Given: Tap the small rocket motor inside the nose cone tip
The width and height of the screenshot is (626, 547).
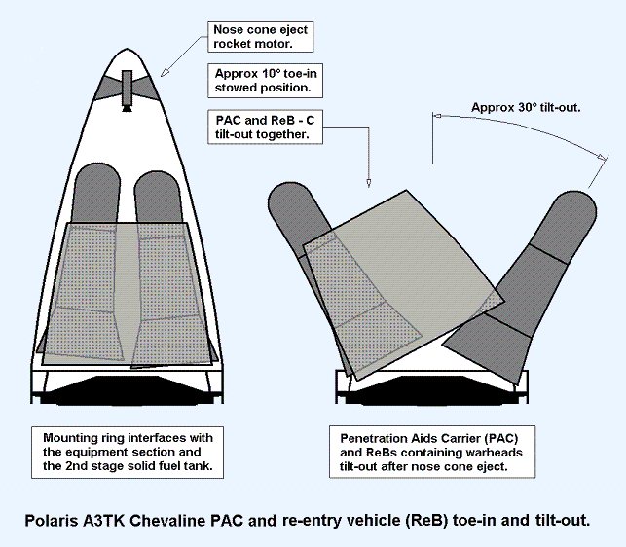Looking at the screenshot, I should pos(128,88).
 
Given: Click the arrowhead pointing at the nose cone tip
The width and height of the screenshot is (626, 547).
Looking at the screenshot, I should pos(162,75).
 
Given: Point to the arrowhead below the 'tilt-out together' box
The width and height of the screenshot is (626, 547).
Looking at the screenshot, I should pos(369,182).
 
